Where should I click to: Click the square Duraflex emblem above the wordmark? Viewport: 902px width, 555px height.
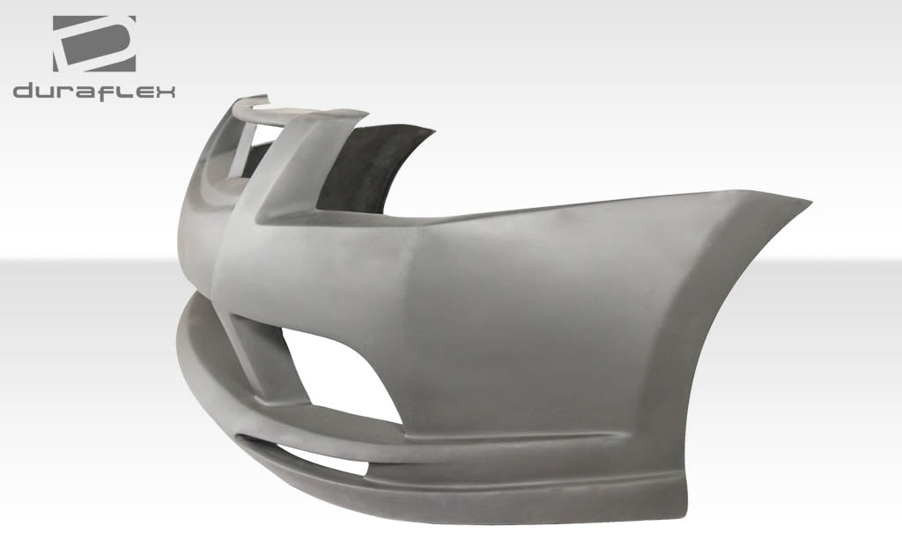click(94, 43)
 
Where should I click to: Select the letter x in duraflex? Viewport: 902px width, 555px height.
click(165, 91)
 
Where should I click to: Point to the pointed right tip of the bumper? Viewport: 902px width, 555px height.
click(805, 201)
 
